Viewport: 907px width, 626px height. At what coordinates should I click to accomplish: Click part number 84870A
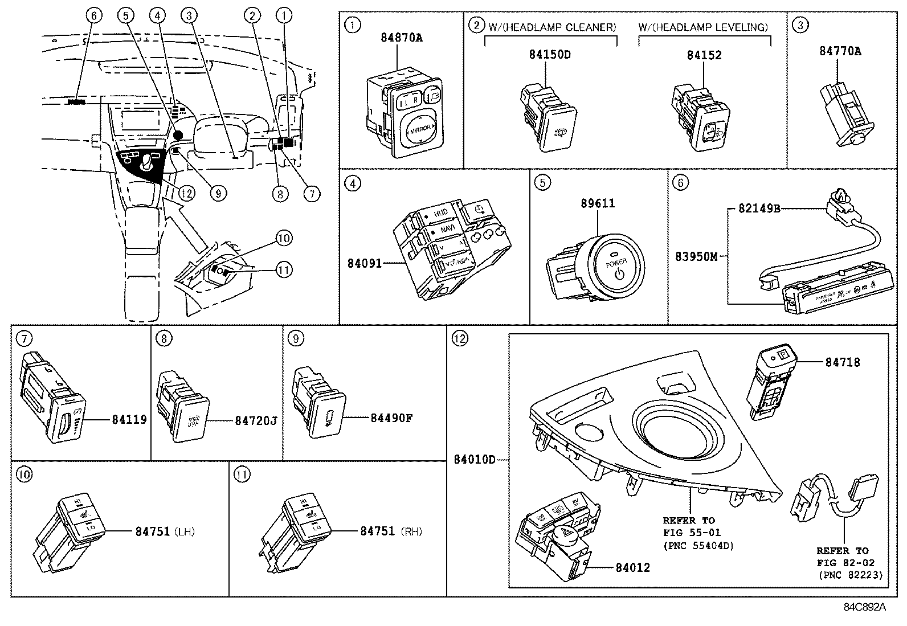(x=402, y=38)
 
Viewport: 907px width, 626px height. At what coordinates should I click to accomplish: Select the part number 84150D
(x=550, y=55)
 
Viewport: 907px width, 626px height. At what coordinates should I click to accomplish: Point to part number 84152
(x=704, y=55)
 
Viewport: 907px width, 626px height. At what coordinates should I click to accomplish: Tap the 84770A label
(x=840, y=51)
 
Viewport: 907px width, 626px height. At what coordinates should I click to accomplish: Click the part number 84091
(x=364, y=263)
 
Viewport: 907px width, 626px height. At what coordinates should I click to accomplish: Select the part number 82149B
(x=759, y=208)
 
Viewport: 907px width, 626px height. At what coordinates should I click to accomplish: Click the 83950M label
(x=696, y=257)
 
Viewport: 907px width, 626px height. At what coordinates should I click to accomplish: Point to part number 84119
(x=129, y=420)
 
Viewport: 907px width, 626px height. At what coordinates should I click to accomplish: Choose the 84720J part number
(x=256, y=421)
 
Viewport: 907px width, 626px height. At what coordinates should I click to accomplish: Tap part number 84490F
(x=391, y=418)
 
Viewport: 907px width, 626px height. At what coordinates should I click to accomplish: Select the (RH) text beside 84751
(x=411, y=531)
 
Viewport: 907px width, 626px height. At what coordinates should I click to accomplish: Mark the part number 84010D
(x=475, y=459)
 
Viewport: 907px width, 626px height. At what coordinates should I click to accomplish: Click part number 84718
(x=843, y=362)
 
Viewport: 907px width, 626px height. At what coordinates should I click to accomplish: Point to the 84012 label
(x=632, y=568)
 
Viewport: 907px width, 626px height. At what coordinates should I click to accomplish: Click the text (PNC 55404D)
(x=698, y=546)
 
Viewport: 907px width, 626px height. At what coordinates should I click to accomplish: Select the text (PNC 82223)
(x=850, y=575)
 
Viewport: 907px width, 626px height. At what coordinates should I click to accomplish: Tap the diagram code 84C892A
(x=865, y=607)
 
